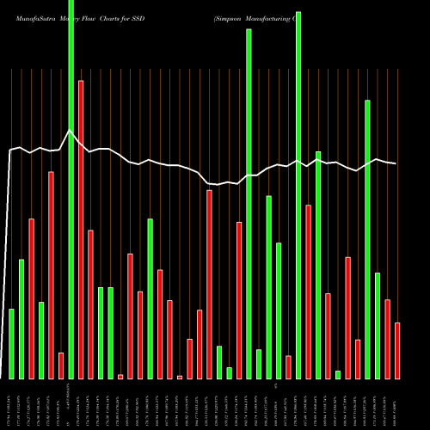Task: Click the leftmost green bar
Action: (11, 344)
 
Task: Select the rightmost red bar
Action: (397, 351)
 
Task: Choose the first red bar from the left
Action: (31, 298)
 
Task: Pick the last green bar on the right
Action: (378, 326)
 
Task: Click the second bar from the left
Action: (21, 319)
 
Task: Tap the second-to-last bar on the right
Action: (387, 339)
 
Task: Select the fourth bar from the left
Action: (41, 341)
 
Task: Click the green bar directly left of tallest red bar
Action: (71, 189)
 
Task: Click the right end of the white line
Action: (396, 163)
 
